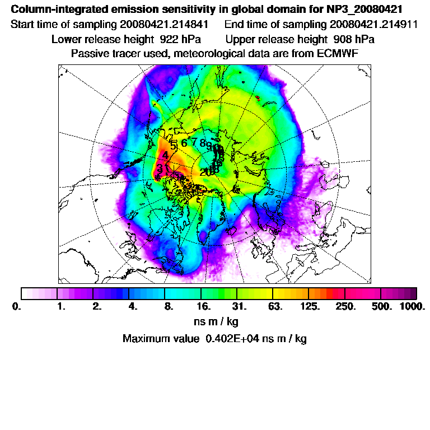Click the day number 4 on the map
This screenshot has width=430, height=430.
(165, 155)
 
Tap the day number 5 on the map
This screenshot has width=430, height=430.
(174, 144)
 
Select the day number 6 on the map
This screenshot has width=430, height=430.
(184, 143)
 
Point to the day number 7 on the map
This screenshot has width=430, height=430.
(194, 142)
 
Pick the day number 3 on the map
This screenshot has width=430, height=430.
(160, 168)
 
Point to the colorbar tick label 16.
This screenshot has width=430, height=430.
(203, 307)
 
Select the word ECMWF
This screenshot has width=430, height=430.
(335, 53)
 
